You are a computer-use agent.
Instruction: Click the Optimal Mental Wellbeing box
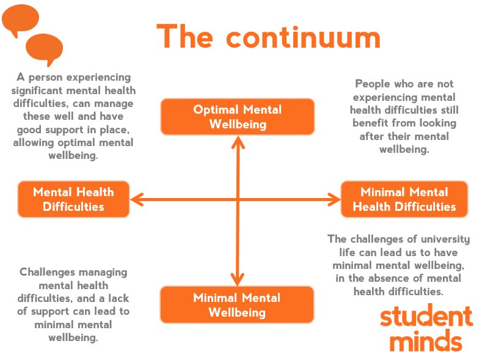(x=237, y=117)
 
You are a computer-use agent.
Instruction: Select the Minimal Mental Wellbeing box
(x=237, y=305)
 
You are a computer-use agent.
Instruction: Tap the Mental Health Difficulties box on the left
(x=73, y=199)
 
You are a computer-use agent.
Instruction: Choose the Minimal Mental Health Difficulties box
(x=404, y=199)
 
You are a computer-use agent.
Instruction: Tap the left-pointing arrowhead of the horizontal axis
(x=136, y=199)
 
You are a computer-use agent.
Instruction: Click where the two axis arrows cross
(x=237, y=199)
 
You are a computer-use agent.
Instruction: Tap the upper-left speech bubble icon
(x=20, y=21)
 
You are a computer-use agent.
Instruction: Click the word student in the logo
(x=426, y=317)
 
